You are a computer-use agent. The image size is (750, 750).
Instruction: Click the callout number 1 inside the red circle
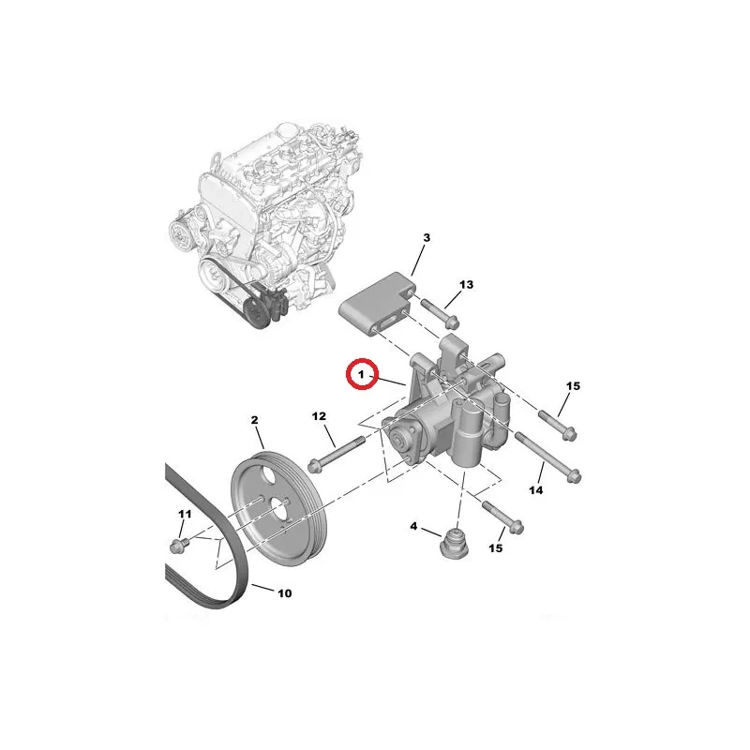[x=362, y=374]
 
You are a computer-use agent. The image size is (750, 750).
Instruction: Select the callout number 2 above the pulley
[x=254, y=420]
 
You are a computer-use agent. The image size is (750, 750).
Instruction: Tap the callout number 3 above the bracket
[x=427, y=237]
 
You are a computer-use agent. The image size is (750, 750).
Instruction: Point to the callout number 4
[x=413, y=527]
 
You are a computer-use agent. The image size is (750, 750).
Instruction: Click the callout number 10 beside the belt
[x=285, y=593]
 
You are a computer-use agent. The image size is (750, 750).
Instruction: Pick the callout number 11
[x=185, y=514]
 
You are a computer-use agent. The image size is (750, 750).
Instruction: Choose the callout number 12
[x=319, y=416]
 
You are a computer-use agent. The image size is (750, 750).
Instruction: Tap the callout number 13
[x=466, y=285]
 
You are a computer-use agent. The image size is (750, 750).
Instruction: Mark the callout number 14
[x=536, y=490]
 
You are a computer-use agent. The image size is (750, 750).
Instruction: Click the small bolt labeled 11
[x=179, y=545]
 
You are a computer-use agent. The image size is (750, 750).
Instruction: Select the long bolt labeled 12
[x=337, y=453]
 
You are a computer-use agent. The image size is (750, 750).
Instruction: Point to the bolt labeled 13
[x=439, y=314]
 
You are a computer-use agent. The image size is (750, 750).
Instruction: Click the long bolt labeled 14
[x=548, y=457]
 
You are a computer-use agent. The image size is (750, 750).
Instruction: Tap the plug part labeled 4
[x=454, y=544]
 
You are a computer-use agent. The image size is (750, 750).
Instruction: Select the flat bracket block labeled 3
[x=378, y=303]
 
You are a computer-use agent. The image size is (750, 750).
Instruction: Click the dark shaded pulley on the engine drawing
[x=257, y=311]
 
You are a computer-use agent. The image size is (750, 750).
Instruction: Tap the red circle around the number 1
[x=362, y=374]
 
